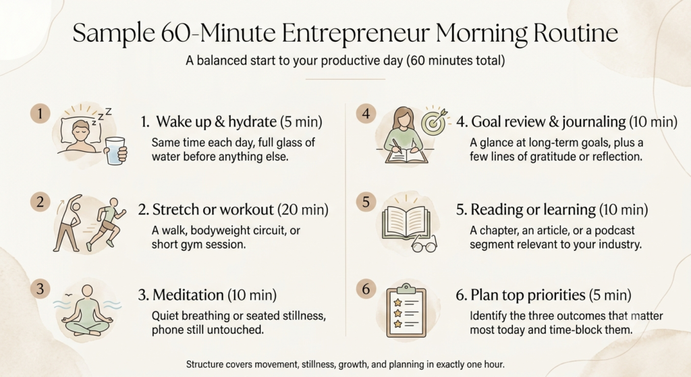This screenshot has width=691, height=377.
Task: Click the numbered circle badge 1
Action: pos(40,114)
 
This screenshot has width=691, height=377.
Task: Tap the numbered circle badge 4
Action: pos(366,114)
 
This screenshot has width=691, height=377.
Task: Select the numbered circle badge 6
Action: pos(366,289)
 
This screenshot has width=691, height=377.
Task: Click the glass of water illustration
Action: pos(116,150)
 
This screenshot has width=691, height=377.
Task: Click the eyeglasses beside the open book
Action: pos(424,244)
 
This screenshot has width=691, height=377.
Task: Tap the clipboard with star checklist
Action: pos(406,311)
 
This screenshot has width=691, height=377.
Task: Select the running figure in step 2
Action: pos(106,225)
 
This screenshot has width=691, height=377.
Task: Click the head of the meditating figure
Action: pos(88,291)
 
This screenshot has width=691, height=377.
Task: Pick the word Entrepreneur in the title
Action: pos(356,33)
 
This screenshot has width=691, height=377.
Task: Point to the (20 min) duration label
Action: pos(303,210)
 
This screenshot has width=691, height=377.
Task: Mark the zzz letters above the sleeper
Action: pos(102,116)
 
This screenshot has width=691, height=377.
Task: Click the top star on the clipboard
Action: pos(398,303)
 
